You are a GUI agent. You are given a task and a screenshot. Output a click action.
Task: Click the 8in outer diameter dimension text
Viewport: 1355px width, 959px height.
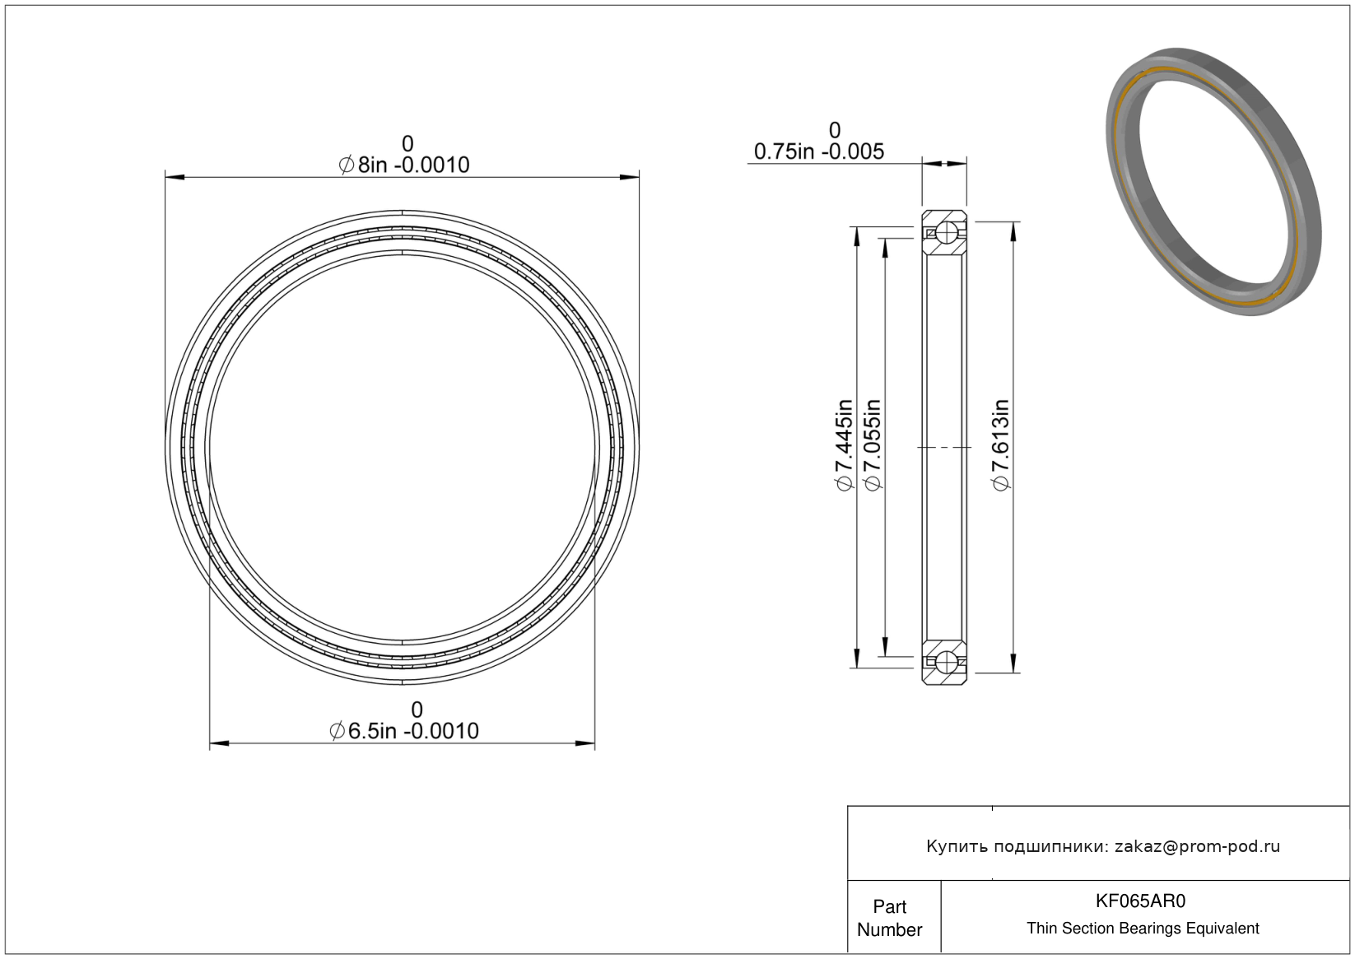pyautogui.click(x=404, y=165)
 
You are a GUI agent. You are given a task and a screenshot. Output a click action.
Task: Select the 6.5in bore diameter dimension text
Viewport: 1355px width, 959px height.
pyautogui.click(x=404, y=731)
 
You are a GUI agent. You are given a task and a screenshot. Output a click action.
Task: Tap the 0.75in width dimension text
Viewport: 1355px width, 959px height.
pyautogui.click(x=819, y=151)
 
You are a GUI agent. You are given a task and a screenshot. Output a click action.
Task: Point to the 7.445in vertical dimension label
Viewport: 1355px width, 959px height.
pyautogui.click(x=843, y=445)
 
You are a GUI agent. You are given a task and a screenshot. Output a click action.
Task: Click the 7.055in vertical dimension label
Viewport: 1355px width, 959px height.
pyautogui.click(x=872, y=445)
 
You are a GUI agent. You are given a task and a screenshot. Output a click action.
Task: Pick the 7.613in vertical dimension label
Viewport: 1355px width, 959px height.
pyautogui.click(x=1000, y=445)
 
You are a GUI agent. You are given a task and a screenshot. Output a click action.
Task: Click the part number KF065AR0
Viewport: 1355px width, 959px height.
pyautogui.click(x=1140, y=901)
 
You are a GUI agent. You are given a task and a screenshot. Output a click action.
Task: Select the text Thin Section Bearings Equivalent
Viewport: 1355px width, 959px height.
pyautogui.click(x=1143, y=929)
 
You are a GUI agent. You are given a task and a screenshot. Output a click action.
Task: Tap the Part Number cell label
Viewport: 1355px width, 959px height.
pyautogui.click(x=889, y=918)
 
